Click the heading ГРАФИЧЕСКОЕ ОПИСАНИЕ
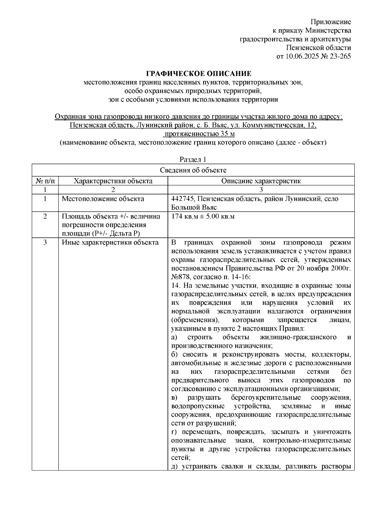[x=199, y=74]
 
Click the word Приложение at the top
[x=331, y=22]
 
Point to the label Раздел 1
[x=193, y=160]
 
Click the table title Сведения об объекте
[x=193, y=170]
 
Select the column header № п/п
[x=45, y=181]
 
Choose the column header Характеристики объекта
[x=113, y=181]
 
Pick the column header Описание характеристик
[x=261, y=181]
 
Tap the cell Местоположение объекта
[x=103, y=199]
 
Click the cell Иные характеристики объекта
[x=110, y=243]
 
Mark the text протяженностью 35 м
[x=199, y=134]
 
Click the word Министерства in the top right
[x=328, y=31]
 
